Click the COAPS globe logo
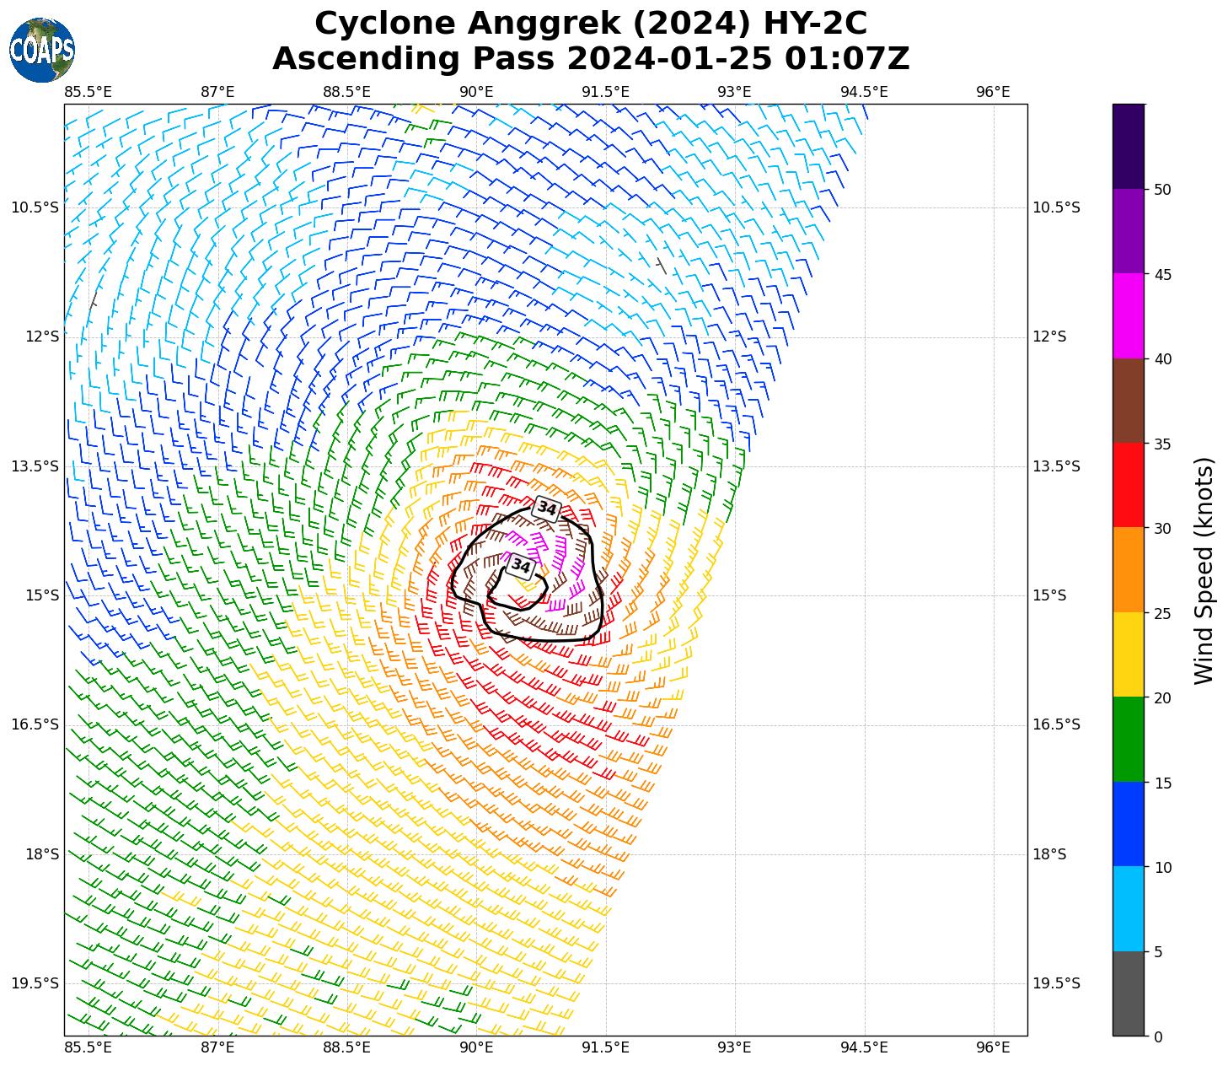(42, 50)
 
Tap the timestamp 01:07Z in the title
(847, 59)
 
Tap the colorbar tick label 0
(1158, 1036)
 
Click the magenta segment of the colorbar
(1129, 315)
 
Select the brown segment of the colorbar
(1129, 401)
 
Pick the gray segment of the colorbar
(1129, 993)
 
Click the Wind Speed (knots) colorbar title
(1204, 570)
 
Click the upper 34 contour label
(547, 509)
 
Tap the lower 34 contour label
(521, 566)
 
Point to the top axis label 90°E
(476, 91)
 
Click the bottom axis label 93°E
(734, 1047)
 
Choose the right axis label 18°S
(1049, 854)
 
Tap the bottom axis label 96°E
(993, 1047)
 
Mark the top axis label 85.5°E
(88, 91)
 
